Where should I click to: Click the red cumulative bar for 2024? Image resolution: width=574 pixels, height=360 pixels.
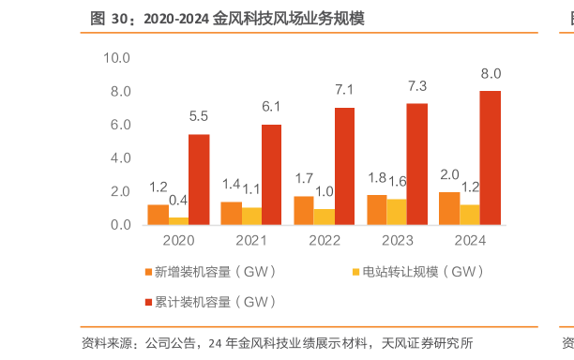[x=490, y=157]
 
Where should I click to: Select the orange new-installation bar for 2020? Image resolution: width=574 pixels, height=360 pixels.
[x=158, y=215]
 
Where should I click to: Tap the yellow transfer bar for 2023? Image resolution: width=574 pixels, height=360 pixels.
[x=397, y=212]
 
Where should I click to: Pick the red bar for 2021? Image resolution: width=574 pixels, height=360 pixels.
[x=271, y=174]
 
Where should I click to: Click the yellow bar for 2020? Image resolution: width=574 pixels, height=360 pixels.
[x=178, y=221]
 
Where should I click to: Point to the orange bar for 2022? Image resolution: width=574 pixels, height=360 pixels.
[x=304, y=211]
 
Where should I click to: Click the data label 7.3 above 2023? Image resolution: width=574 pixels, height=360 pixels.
[x=416, y=86]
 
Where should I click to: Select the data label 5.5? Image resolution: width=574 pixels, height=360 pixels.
[x=199, y=116]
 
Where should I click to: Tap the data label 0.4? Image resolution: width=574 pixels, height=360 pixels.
[x=178, y=200]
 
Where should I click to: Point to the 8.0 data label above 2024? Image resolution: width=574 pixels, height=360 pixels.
[x=490, y=73]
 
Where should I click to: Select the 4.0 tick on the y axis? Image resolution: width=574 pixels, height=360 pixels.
[x=119, y=158]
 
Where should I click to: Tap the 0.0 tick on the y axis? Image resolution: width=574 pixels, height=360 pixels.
[x=119, y=225]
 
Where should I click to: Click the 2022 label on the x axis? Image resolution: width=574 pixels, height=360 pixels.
[x=324, y=242]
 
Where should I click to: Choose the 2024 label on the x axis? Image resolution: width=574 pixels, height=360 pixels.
[x=469, y=242]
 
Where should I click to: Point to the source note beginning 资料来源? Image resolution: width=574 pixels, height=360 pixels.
[x=277, y=343]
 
